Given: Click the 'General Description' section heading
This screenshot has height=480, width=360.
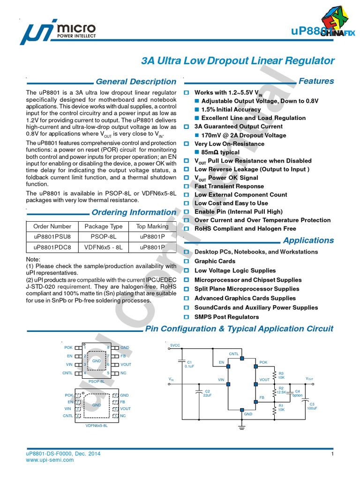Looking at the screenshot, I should [136, 82].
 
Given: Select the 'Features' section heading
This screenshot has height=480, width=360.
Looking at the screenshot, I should [316, 81].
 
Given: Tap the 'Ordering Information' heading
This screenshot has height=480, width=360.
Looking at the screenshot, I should [134, 212].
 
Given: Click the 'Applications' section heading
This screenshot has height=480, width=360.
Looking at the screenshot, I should [308, 240].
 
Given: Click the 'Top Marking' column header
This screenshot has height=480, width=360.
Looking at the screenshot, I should [152, 226].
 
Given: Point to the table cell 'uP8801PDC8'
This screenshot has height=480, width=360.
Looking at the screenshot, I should [52, 247].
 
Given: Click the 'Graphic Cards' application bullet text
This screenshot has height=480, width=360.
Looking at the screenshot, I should [215, 261].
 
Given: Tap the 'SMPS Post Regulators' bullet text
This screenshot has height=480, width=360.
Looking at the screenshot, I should [226, 317].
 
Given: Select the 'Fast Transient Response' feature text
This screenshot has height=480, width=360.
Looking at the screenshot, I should [229, 186].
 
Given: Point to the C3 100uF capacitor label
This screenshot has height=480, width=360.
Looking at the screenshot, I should [312, 406].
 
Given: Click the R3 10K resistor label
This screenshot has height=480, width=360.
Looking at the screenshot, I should [281, 375].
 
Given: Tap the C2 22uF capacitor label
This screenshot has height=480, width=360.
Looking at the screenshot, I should [207, 393].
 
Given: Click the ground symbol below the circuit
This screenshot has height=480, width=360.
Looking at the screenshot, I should [242, 426].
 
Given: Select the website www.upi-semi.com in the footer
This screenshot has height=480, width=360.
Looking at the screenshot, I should [50, 460].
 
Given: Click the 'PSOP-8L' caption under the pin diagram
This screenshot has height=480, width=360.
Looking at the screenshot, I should [97, 382].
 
